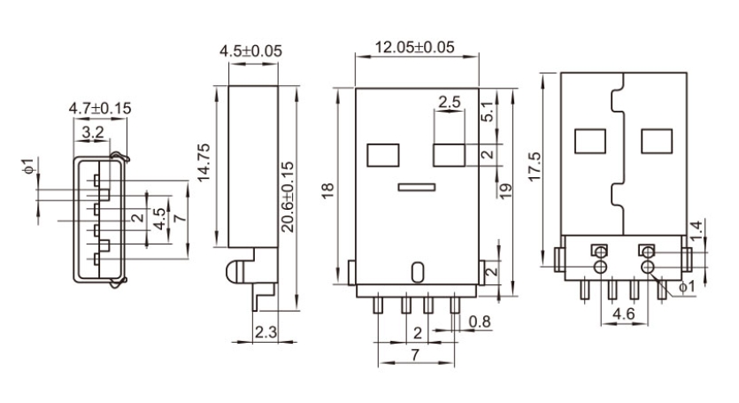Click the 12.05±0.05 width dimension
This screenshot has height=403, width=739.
click(x=417, y=47)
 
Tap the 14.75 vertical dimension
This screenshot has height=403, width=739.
click(x=203, y=161)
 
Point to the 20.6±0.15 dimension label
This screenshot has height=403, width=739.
click(x=289, y=197)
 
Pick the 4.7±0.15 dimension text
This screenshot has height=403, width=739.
click(x=99, y=108)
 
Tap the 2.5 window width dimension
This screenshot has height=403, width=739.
click(x=449, y=102)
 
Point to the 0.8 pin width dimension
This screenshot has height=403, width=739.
click(x=481, y=320)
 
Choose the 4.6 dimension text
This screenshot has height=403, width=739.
click(x=623, y=314)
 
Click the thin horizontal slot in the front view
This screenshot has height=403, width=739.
click(x=416, y=187)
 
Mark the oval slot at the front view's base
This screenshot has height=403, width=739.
click(x=417, y=271)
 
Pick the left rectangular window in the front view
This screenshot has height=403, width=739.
click(x=381, y=154)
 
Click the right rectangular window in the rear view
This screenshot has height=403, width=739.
click(x=656, y=140)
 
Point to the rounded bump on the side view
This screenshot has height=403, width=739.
click(x=235, y=271)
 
